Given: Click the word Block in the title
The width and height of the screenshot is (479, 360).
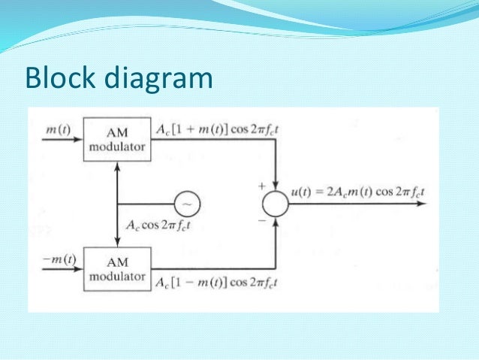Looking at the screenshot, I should (57, 79).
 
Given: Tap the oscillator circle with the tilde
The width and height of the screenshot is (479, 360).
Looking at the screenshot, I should (185, 204).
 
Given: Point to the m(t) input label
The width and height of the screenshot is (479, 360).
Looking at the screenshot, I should (58, 129).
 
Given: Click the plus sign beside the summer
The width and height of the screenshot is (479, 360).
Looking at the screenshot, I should (261, 183).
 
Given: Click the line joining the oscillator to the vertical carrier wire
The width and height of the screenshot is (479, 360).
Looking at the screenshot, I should (146, 204).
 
